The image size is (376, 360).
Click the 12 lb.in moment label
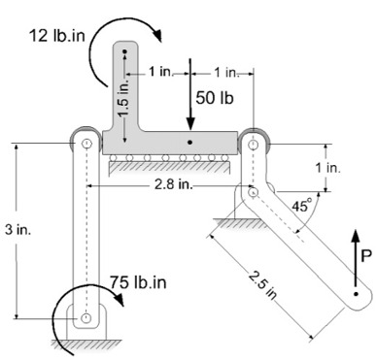[x=57, y=36]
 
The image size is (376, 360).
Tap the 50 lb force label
[x=215, y=98]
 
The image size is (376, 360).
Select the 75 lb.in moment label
[x=138, y=282]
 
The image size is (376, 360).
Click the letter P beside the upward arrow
[x=365, y=256]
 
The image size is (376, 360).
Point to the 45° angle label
[x=302, y=205]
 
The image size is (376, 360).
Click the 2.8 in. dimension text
[x=173, y=184]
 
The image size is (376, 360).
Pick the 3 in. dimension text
[x=18, y=230]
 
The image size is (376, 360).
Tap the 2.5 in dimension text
[x=263, y=285]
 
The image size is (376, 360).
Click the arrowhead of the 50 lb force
[x=190, y=124]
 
